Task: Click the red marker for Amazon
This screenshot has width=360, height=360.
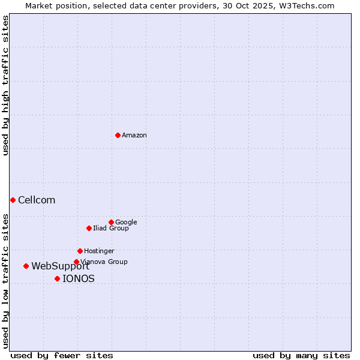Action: [118, 135]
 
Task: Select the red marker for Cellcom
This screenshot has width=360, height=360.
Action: [13, 200]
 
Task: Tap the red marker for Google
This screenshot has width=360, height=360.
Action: [111, 222]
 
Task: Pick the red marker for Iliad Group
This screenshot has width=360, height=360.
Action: [89, 228]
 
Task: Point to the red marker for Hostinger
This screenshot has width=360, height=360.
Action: [80, 251]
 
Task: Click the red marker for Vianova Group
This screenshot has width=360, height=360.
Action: [76, 262]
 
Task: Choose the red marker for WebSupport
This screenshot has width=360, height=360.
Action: [26, 266]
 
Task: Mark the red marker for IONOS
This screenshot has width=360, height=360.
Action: [57, 278]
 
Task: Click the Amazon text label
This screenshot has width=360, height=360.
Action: [134, 136]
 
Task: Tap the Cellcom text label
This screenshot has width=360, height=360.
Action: [37, 200]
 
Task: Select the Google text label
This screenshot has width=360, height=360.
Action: [126, 223]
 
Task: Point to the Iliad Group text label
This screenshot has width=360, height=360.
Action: [111, 229]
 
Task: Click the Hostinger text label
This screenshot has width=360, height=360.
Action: [99, 251]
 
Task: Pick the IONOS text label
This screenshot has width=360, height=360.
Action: [79, 279]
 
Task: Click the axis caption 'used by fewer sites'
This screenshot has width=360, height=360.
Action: [62, 355]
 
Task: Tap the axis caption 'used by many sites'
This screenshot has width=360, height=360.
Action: [301, 355]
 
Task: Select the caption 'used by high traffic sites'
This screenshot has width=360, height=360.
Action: [5, 85]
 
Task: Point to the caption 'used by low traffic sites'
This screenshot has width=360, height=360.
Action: [5, 280]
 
